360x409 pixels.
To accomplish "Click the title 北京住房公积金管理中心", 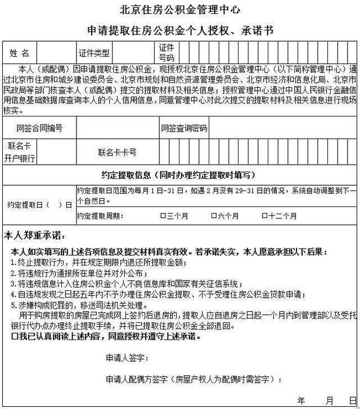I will click(x=179, y=10).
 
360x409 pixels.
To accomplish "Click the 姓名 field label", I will click(x=20, y=53).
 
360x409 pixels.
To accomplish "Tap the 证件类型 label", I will click(x=94, y=53).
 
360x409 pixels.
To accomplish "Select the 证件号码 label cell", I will click(x=166, y=53).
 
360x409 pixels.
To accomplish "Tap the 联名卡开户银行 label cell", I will click(x=20, y=152).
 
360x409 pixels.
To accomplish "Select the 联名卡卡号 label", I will click(x=118, y=152).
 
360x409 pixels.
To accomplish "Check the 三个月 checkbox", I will click(x=163, y=216).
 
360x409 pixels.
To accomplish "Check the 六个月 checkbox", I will click(x=214, y=216).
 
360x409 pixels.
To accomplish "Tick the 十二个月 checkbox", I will click(x=264, y=216).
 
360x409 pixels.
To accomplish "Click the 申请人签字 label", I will click(x=127, y=358).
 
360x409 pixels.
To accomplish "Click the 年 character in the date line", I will click(x=301, y=401).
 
